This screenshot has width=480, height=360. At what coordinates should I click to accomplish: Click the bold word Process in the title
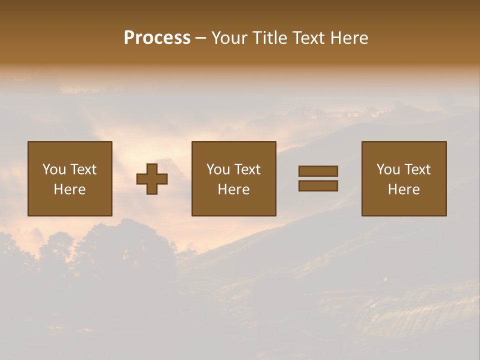[x=157, y=38]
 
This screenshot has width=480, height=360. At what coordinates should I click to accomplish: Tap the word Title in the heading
[x=269, y=38]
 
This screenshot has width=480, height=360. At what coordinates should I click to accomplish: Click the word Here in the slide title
[x=349, y=38]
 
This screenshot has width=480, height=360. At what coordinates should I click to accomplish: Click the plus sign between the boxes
[x=152, y=178]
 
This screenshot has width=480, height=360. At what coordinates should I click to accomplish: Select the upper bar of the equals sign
[x=318, y=171]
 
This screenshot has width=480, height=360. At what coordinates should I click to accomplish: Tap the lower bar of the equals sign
[x=318, y=186]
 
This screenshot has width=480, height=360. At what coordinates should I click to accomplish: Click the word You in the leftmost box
[x=54, y=169]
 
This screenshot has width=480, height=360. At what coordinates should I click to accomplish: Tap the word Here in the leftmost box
[x=70, y=189]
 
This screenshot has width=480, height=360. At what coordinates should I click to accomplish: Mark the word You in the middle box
[x=218, y=169]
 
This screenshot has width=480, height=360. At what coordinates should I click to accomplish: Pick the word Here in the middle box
[x=234, y=189]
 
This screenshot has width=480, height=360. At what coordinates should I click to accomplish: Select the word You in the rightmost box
[x=388, y=169]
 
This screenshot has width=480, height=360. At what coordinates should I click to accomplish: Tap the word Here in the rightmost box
[x=404, y=189]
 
